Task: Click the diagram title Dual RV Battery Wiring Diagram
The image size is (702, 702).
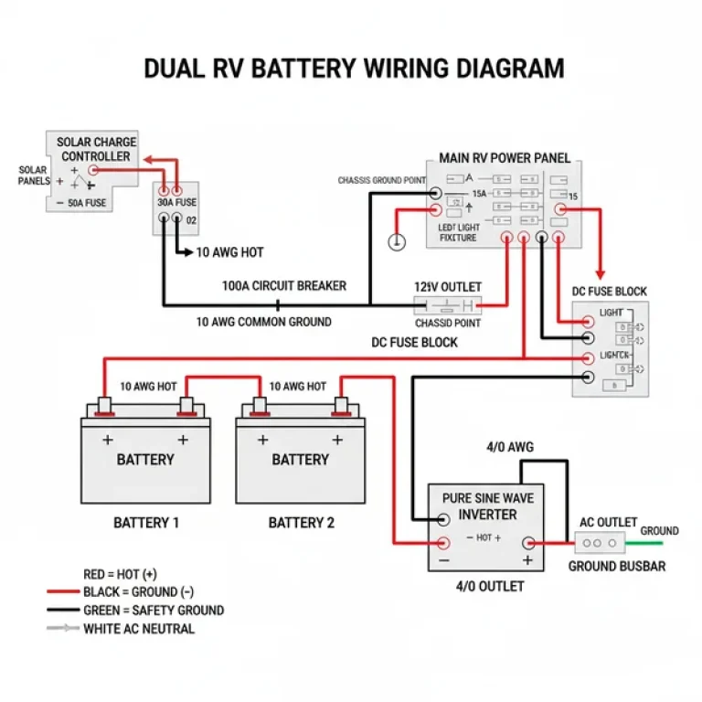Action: point(354,69)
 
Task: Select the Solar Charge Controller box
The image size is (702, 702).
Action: point(92,170)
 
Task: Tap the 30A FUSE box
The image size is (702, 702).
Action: point(176,208)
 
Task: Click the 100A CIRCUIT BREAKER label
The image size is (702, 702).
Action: point(284,286)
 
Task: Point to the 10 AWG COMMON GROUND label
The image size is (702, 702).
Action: point(263,322)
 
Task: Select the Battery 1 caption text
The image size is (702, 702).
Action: point(145,523)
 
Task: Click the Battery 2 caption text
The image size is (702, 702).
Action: point(301,523)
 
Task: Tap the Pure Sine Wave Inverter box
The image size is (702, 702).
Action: point(485,526)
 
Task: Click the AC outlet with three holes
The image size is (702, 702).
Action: point(599,542)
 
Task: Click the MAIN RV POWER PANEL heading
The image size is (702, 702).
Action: point(505,158)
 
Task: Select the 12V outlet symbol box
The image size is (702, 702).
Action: point(448,305)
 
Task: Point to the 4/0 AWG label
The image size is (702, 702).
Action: point(509,447)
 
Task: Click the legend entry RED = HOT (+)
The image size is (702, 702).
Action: point(120,574)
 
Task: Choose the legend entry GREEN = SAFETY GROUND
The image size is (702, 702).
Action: point(153,610)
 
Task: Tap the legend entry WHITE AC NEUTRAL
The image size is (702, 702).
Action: point(138,628)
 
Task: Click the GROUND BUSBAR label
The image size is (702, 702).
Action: point(617,566)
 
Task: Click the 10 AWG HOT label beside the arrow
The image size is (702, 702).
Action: point(229,251)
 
